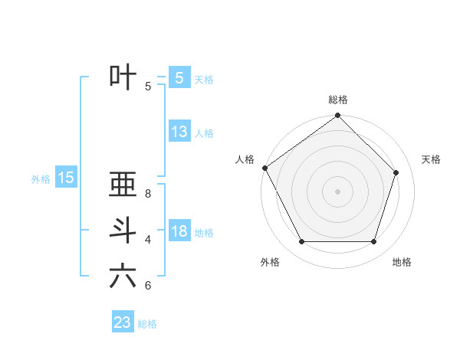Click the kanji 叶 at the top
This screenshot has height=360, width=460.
(123, 77)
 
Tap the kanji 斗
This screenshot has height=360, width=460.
(123, 230)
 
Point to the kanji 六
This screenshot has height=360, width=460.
(123, 276)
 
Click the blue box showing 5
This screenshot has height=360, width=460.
(179, 78)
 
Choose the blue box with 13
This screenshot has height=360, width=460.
(179, 132)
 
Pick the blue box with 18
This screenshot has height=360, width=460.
(179, 231)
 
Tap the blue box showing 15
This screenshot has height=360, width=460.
(66, 178)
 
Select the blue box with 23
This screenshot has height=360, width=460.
(123, 322)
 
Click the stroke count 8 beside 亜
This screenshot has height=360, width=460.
(148, 194)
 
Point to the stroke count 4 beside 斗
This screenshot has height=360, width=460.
(148, 240)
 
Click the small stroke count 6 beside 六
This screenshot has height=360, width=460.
(148, 286)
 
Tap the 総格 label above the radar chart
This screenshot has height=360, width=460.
(338, 100)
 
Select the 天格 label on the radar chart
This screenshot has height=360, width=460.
(431, 159)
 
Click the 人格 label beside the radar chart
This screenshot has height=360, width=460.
(245, 159)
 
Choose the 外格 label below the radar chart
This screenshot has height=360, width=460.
(270, 262)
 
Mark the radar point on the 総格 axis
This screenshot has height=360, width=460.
(338, 116)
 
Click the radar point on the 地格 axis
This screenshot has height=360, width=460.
(374, 242)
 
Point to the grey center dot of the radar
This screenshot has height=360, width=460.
(338, 191)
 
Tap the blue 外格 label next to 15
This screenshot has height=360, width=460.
(41, 179)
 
